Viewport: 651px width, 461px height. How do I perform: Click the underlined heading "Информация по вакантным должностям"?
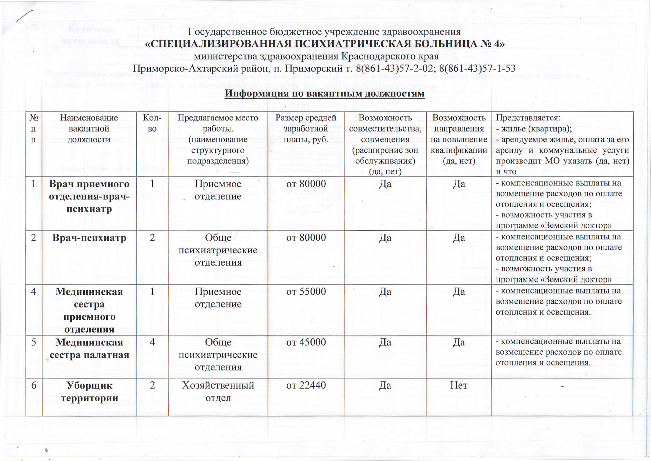tap(324, 93)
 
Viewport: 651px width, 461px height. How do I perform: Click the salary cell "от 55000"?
tap(306, 291)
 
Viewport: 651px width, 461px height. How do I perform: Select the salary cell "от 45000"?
tap(306, 342)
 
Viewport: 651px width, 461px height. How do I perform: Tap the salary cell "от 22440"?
tap(306, 385)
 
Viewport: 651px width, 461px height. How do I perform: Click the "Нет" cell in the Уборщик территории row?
tap(459, 385)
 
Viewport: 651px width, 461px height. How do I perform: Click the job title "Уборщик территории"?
tap(89, 391)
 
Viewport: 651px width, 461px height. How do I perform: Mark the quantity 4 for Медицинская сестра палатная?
tap(152, 342)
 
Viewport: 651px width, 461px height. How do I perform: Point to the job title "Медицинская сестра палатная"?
tap(89, 348)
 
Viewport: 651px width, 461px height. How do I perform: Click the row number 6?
tap(34, 385)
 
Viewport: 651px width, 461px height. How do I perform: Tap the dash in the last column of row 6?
tap(562, 385)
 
